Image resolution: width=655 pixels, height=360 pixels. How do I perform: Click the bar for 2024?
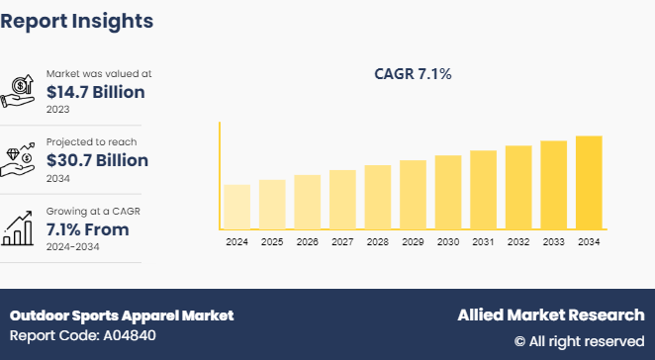pyautogui.click(x=236, y=206)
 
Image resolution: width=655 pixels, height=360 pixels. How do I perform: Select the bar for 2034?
pyautogui.click(x=589, y=182)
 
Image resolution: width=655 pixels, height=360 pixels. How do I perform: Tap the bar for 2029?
pyautogui.click(x=413, y=194)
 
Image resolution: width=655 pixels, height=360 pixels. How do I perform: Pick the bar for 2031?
pyautogui.click(x=483, y=189)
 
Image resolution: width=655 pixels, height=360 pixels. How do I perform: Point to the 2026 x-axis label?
pyautogui.click(x=308, y=241)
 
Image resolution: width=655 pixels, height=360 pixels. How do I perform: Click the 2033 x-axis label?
pyautogui.click(x=553, y=241)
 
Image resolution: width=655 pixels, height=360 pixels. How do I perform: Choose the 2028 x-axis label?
pyautogui.click(x=378, y=241)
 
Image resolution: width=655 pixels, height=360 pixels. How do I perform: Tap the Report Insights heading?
pyautogui.click(x=77, y=20)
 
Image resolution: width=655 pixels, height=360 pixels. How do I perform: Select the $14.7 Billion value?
pyautogui.click(x=97, y=92)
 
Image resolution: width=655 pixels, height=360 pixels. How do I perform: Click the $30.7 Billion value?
pyautogui.click(x=97, y=160)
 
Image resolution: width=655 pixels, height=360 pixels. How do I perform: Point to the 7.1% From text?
pyautogui.click(x=87, y=229)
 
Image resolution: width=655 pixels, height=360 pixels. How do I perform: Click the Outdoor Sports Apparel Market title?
pyautogui.click(x=122, y=315)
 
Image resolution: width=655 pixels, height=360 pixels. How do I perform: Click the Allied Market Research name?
pyautogui.click(x=550, y=315)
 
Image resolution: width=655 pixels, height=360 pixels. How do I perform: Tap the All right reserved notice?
pyautogui.click(x=579, y=341)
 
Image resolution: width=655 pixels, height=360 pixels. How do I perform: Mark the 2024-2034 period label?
pyautogui.click(x=73, y=246)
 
